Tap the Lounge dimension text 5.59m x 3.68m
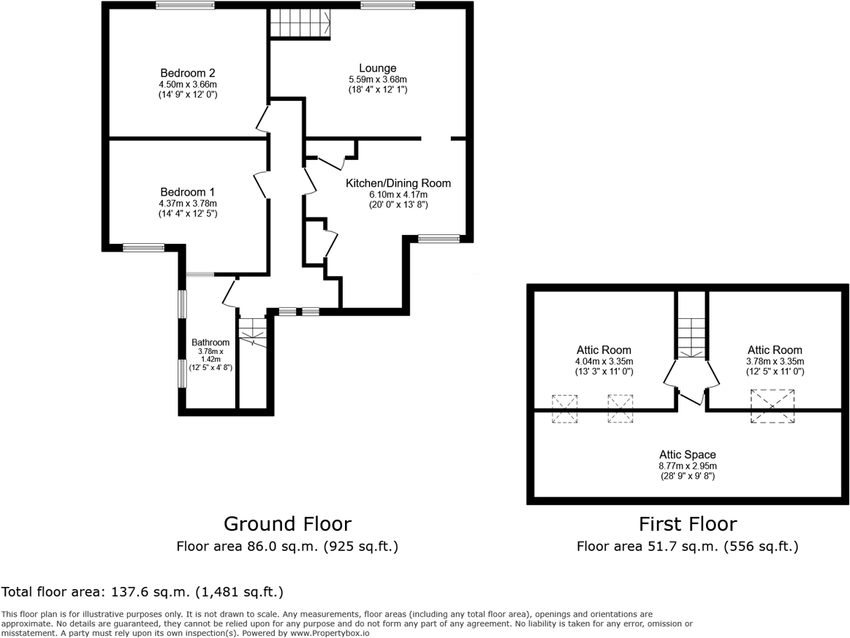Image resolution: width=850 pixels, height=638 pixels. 377,80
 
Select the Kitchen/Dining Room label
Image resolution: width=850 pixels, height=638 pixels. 398,183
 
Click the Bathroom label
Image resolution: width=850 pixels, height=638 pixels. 210,342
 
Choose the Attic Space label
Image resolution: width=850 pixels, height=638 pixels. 687,455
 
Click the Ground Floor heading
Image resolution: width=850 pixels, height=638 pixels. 287,524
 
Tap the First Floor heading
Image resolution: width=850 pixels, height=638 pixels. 687,524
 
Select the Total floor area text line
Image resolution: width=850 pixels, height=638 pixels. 142,592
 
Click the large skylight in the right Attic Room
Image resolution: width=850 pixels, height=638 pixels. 773,406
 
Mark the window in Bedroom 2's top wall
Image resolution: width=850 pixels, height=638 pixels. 185,6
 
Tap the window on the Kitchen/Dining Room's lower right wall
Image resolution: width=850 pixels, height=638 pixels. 439,238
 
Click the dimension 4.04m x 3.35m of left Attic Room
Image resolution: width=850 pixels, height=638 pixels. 603,361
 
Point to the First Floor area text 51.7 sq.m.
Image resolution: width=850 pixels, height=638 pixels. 687,546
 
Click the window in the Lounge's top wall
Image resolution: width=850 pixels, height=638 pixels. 387,6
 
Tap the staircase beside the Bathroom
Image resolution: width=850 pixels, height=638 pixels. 253,332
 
